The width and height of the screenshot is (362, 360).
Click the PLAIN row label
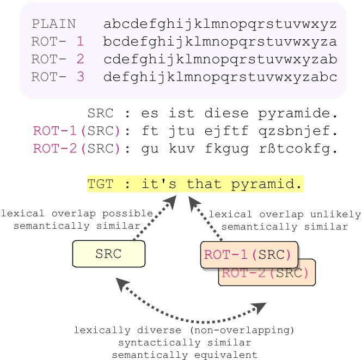click(x=53, y=24)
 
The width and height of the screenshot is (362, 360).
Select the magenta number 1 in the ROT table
click(x=81, y=41)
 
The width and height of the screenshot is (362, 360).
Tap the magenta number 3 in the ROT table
click(x=81, y=76)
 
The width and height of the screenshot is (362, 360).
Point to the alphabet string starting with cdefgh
click(x=220, y=59)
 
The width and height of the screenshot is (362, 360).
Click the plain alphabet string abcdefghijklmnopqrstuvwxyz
click(x=220, y=24)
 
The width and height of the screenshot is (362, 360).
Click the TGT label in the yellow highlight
click(x=101, y=185)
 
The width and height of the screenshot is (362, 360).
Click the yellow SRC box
click(x=108, y=254)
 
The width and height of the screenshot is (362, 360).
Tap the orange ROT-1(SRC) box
click(x=249, y=254)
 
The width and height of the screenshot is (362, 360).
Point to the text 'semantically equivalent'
click(x=185, y=354)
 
